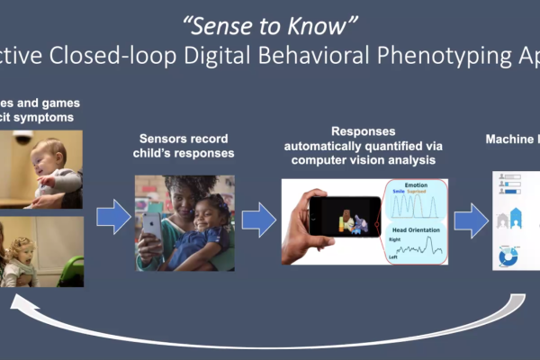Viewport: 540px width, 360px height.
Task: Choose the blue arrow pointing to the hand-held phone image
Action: pyautogui.click(x=259, y=220)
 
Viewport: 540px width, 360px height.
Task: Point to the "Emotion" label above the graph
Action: pyautogui.click(x=417, y=185)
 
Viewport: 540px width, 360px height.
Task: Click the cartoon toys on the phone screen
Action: pyautogui.click(x=351, y=220)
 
